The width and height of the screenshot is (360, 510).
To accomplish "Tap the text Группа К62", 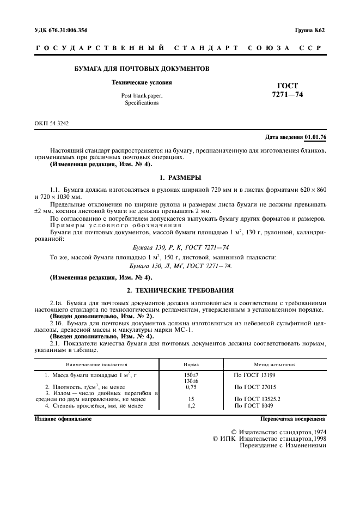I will click(310, 30).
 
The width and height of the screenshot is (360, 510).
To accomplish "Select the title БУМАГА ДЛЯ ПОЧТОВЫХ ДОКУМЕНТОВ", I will click(142, 69).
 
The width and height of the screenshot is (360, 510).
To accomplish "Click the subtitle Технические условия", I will click(142, 83).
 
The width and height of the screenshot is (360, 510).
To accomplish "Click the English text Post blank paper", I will click(142, 95).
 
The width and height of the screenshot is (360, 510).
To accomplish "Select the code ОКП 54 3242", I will click(52, 124).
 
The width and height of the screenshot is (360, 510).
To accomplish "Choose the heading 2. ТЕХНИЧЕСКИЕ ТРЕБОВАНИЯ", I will click(180, 290).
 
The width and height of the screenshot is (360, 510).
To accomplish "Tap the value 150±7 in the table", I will click(191, 375).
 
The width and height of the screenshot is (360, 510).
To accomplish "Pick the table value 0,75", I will click(191, 387).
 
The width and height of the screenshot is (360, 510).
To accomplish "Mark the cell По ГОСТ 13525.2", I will click(258, 399).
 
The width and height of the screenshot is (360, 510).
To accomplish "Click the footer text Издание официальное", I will click(63, 419).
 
